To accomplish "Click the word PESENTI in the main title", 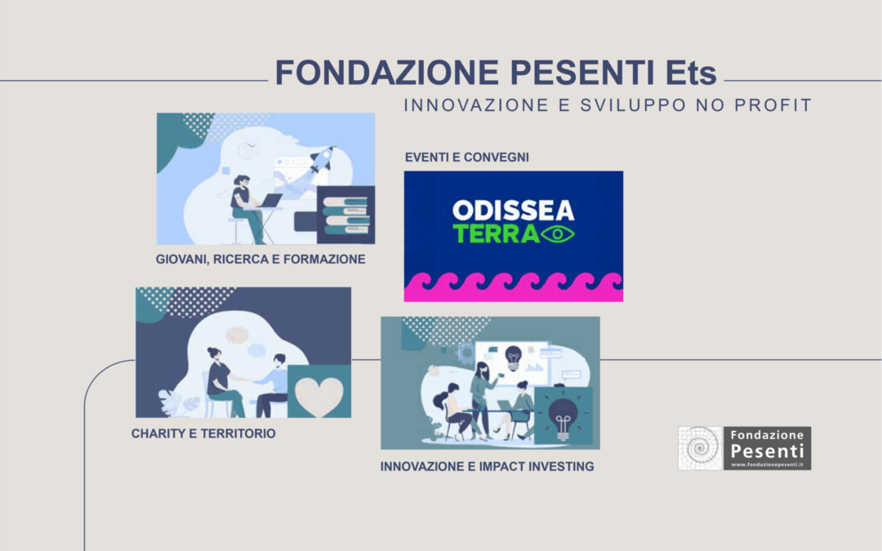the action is click(582, 73).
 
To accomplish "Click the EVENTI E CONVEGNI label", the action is click(467, 158).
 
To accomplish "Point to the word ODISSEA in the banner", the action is click(514, 211).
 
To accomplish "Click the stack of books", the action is click(345, 215).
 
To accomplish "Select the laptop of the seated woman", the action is click(270, 201).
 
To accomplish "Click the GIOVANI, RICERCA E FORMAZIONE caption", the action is click(261, 260).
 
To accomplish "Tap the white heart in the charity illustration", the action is click(319, 395).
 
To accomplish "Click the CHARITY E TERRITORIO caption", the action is click(203, 433).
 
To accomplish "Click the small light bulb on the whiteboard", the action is click(513, 358).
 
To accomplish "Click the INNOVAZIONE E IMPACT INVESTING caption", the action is click(487, 467).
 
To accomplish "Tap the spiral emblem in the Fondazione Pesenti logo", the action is click(701, 448).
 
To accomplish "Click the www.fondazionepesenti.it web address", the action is click(767, 464).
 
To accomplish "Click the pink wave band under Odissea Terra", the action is click(514, 287).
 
